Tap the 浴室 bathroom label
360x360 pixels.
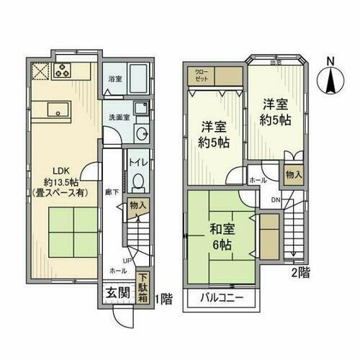pos(114,78)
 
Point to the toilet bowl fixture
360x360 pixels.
pos(139,181)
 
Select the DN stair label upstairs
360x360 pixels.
pos(276,200)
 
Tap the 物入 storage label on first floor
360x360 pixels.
pos(139,206)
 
